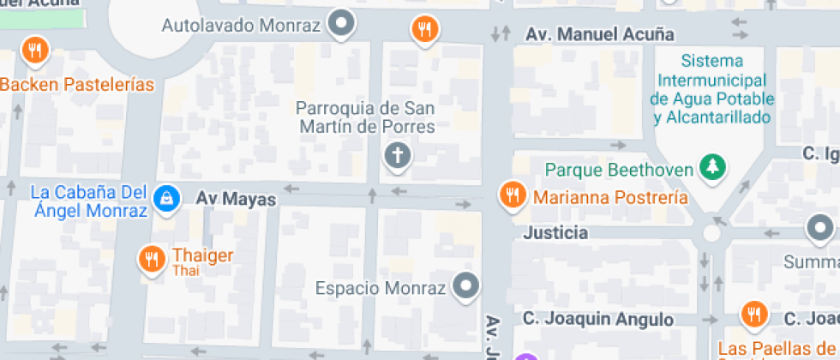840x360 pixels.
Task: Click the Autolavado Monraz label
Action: pos(241,26)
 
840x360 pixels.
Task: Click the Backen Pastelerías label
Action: pos(77,85)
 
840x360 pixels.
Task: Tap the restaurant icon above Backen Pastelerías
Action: pos(35,51)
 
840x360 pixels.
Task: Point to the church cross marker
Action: pos(397,155)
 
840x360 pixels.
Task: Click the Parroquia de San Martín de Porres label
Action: pos(365,117)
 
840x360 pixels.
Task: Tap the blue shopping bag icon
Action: pos(164,197)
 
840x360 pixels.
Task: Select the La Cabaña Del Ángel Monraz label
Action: pos(89,201)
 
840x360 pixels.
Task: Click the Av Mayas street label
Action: pos(236,199)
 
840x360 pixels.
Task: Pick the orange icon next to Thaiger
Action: pos(152,258)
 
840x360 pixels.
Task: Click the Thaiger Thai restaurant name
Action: pos(202,255)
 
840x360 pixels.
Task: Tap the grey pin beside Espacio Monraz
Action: pos(466,285)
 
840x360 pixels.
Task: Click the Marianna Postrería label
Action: pos(610,197)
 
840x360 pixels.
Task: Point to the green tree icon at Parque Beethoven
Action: pos(710,167)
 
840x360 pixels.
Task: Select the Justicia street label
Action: pos(555,232)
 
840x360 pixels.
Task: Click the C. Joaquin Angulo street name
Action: pos(598,319)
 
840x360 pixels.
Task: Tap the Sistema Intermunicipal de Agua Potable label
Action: pos(712,89)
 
